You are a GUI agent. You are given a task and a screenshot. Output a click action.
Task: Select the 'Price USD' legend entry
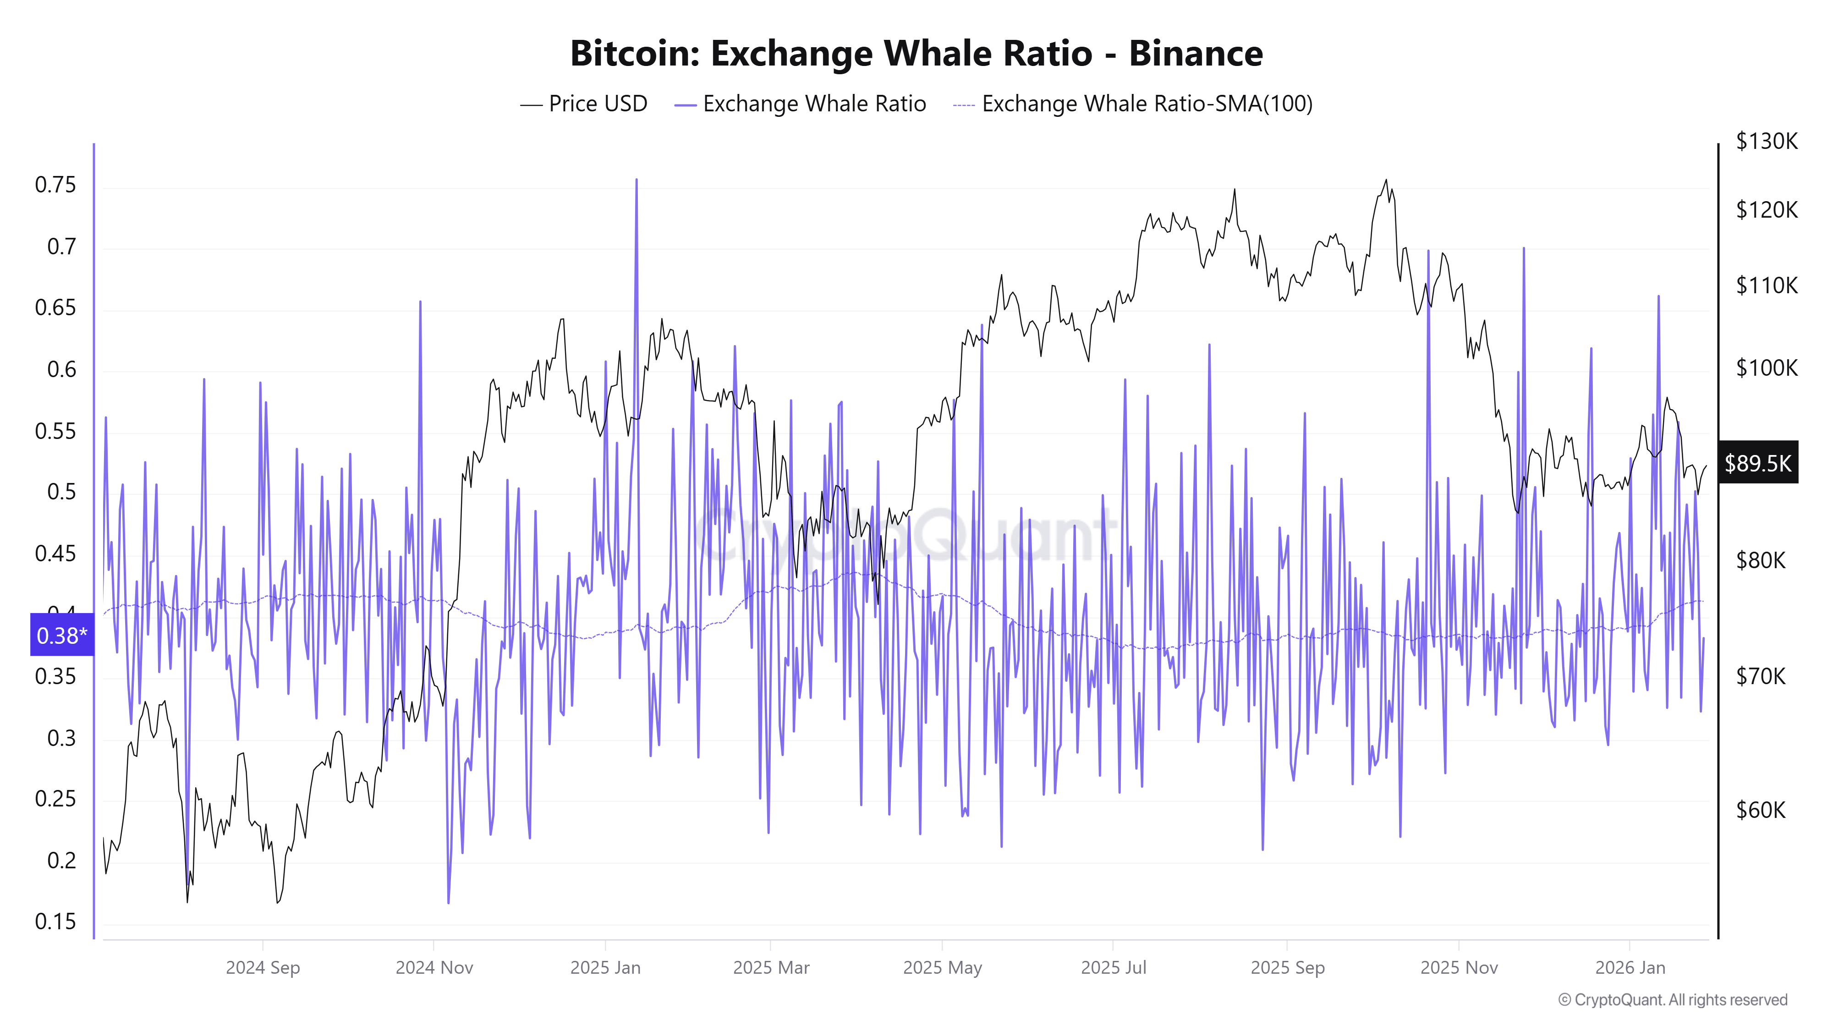[x=583, y=104]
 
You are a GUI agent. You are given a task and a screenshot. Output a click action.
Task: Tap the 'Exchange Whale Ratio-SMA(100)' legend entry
[x=1133, y=104]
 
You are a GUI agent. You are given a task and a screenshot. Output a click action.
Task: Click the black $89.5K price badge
[x=1757, y=463]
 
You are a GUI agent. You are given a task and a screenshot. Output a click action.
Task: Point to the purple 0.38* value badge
[x=62, y=635]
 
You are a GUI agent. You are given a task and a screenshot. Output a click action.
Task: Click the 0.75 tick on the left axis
[x=55, y=185]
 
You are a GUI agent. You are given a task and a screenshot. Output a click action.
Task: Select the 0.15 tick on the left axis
[x=55, y=921]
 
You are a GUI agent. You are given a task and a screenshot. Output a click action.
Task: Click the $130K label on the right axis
[x=1766, y=141]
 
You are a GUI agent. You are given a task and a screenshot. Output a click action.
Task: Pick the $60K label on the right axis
[x=1761, y=810]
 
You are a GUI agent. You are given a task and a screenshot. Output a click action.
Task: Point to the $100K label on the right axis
[x=1766, y=368]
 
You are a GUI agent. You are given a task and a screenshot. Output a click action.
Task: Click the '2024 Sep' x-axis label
[x=263, y=968]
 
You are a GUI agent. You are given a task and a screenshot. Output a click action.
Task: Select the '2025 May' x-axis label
[x=942, y=968]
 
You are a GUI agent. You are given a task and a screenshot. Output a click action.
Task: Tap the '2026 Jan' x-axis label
[x=1630, y=968]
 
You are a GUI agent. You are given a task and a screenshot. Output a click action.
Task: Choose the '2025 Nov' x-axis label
[x=1459, y=968]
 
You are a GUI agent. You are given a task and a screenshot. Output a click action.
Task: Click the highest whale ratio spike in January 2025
[x=636, y=180]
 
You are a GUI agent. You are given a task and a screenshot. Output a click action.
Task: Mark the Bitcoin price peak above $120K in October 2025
[x=1385, y=181]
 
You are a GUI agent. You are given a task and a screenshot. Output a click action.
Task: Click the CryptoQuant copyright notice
[x=1672, y=1000]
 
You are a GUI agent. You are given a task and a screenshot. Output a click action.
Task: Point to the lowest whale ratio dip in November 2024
[x=448, y=902]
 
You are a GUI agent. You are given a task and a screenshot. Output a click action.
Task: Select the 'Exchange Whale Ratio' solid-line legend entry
[x=801, y=104]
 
